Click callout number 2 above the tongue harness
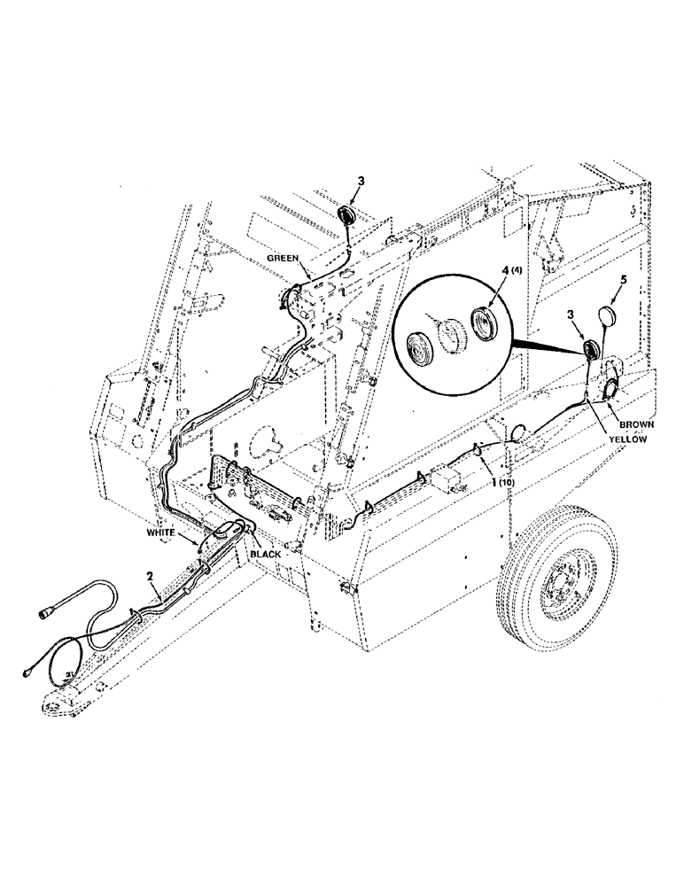(152, 575)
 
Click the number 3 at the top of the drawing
(361, 182)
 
